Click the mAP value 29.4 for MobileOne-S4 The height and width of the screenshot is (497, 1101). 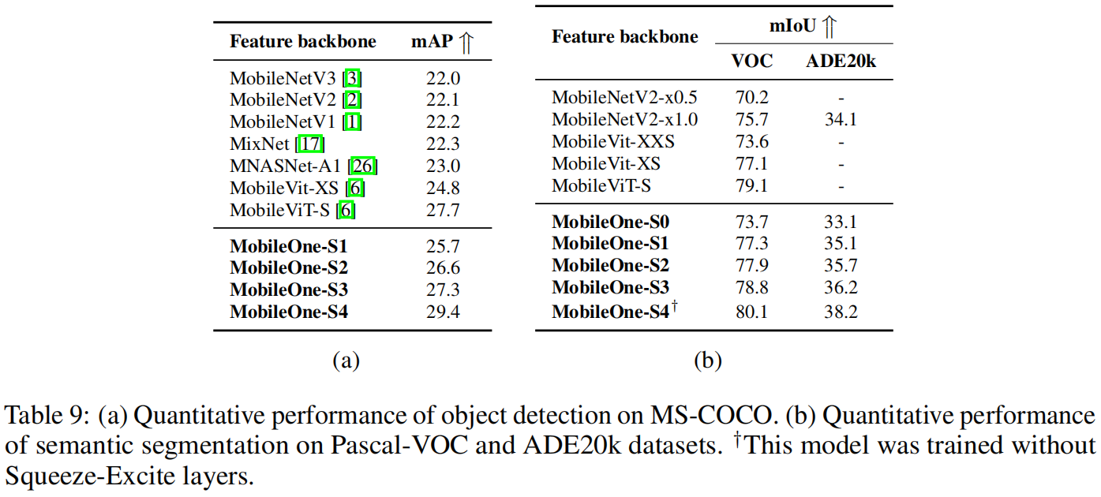click(x=443, y=312)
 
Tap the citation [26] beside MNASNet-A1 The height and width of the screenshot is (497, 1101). click(x=364, y=166)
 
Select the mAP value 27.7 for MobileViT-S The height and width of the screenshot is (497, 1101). click(x=443, y=211)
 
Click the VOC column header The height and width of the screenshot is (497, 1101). click(x=751, y=62)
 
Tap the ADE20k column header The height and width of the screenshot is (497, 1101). click(x=841, y=62)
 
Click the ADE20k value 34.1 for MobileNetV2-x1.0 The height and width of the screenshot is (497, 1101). click(x=841, y=120)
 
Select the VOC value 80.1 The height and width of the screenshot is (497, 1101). click(x=751, y=311)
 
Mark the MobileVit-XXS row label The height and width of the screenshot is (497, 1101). click(x=613, y=142)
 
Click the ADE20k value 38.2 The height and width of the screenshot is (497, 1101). click(x=841, y=311)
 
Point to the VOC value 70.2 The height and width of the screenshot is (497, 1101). click(x=751, y=98)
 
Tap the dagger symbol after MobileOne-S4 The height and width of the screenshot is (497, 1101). click(x=674, y=306)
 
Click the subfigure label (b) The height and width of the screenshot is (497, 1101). click(x=707, y=361)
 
